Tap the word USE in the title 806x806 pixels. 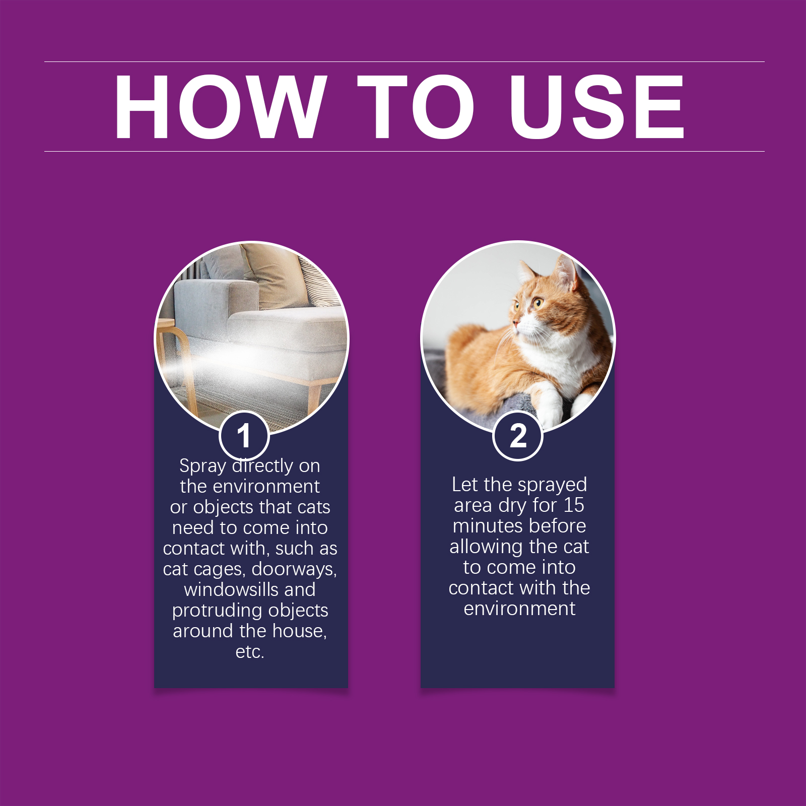(x=597, y=106)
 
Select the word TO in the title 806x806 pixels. (x=416, y=106)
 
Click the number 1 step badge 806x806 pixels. (x=244, y=436)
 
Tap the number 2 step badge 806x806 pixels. (x=518, y=436)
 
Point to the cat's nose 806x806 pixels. (x=514, y=322)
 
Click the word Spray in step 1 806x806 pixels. (x=203, y=466)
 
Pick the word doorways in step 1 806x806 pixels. (x=294, y=569)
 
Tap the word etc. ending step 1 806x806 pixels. (x=250, y=652)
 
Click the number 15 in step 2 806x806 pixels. (x=574, y=505)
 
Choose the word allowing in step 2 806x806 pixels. (x=486, y=547)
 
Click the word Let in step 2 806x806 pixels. (x=464, y=485)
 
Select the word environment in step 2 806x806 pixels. (x=519, y=609)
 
